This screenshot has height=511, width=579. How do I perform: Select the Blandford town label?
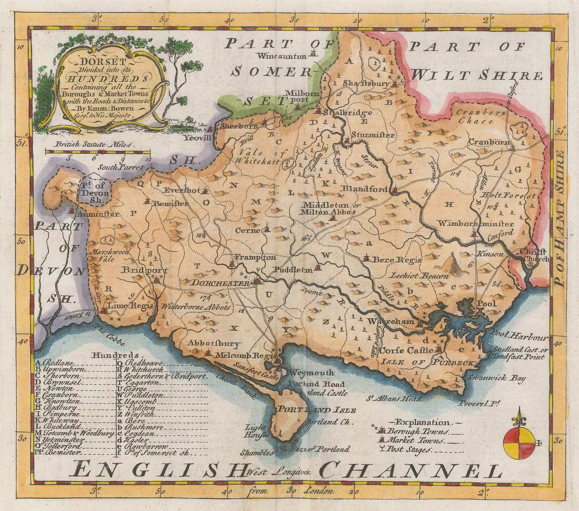365,189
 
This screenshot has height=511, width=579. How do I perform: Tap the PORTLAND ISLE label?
316,410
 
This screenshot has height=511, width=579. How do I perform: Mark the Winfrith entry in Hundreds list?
139,415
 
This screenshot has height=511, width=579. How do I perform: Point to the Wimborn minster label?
476,224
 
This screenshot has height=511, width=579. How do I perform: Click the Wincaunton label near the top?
282,56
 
